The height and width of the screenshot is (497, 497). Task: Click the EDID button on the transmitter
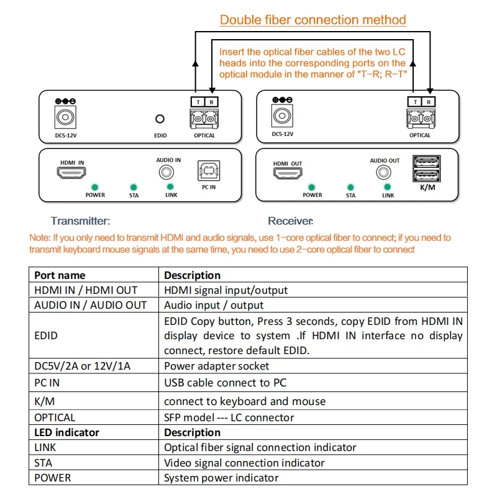coord(160,119)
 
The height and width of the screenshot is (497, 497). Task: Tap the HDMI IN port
coord(71,173)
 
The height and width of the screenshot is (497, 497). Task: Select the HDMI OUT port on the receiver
coord(288,173)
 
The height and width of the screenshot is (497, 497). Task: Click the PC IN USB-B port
coord(209,171)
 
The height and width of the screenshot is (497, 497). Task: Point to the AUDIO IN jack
coord(166,173)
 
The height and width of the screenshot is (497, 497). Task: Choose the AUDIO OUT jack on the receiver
coord(383,173)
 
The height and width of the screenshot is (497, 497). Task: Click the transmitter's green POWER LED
coord(95,188)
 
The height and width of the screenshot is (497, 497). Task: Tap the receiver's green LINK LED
coord(387,187)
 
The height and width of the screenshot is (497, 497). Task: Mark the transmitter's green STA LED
coord(134,188)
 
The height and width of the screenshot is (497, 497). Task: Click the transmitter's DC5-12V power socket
coord(65,117)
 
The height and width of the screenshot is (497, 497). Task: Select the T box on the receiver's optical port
coord(415,102)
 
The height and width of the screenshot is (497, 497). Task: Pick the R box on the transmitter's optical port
coord(211,102)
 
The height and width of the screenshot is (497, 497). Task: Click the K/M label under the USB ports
coord(427,188)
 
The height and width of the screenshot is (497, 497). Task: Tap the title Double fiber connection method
coord(313,20)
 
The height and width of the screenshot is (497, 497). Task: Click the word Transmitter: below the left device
coord(81,221)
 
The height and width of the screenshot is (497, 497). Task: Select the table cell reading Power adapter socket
coord(216,366)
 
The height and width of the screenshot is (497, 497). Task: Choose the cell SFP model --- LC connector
coord(229,417)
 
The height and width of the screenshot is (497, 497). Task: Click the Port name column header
coord(60,275)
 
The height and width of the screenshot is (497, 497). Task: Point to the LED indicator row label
coord(66,432)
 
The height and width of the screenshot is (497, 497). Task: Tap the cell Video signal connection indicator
coord(244,463)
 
